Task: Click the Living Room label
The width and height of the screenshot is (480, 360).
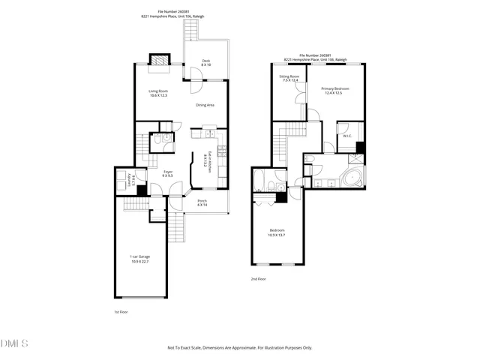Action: click(x=157, y=93)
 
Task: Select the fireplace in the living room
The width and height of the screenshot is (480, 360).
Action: click(x=159, y=60)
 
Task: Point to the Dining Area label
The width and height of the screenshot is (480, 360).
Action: click(x=205, y=105)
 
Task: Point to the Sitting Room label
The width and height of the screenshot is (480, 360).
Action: click(x=289, y=78)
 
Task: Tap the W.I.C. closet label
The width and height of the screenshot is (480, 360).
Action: click(x=347, y=136)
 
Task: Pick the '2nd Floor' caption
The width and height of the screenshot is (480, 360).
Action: click(x=259, y=278)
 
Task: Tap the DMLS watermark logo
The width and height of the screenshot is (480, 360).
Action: click(x=15, y=343)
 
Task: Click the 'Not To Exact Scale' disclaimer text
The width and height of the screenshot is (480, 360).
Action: click(x=239, y=347)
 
